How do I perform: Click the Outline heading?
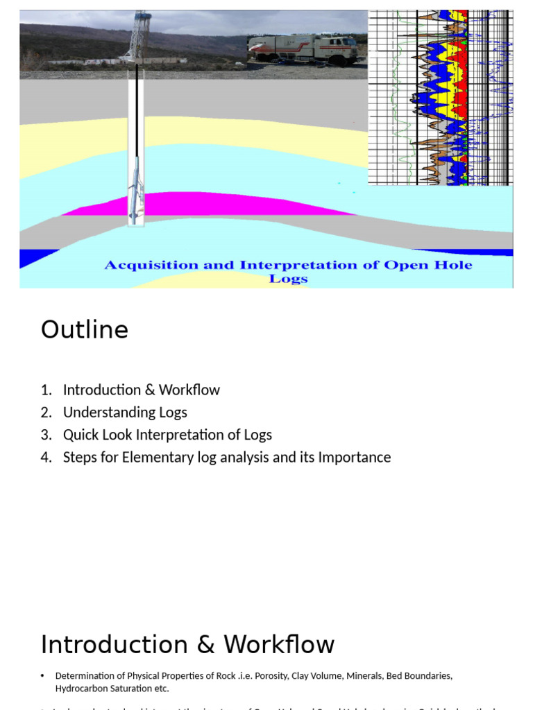tap(84, 329)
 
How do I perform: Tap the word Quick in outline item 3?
tap(81, 435)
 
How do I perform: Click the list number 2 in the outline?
tap(45, 412)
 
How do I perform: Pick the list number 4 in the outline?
tap(45, 457)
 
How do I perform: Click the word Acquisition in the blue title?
tap(150, 265)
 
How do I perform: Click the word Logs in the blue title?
tap(288, 279)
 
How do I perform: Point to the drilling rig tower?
tap(139, 35)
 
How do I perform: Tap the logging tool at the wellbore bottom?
tap(136, 194)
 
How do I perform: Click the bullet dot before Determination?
tap(42, 675)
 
